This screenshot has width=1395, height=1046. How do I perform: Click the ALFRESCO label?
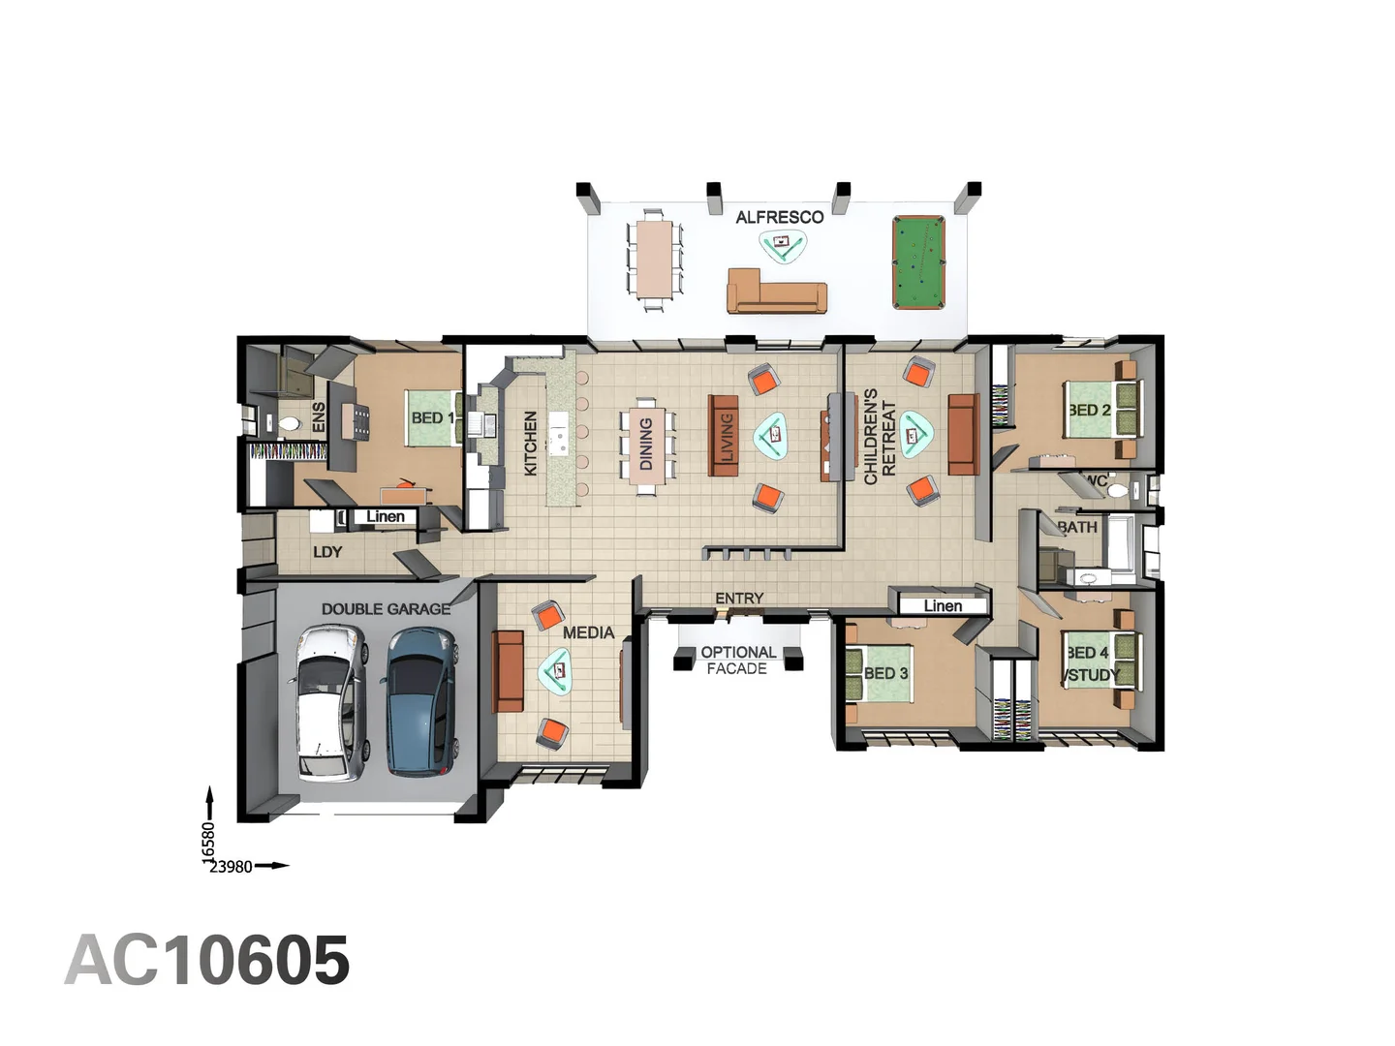(x=779, y=217)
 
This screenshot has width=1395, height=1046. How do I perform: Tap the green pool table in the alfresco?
(x=917, y=262)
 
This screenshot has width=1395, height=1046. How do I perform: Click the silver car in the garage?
(x=331, y=701)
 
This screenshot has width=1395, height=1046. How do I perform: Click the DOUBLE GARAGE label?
(x=386, y=609)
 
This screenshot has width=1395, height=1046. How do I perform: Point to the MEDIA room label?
(x=588, y=632)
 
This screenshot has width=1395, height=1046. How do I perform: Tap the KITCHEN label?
(x=531, y=443)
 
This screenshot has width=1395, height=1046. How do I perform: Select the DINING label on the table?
(x=646, y=444)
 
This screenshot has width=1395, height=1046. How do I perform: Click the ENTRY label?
(x=739, y=599)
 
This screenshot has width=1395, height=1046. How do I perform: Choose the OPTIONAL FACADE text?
(x=737, y=661)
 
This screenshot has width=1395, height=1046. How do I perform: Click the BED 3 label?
(x=885, y=673)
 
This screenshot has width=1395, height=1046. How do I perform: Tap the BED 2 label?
(x=1090, y=410)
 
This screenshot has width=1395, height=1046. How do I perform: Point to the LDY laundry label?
(x=327, y=552)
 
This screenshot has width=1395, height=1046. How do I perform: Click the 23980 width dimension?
(x=232, y=867)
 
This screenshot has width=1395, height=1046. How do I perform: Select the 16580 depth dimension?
(x=208, y=841)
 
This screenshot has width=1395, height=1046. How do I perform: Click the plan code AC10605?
(x=207, y=961)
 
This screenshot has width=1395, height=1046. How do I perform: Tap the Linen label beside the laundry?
(x=386, y=517)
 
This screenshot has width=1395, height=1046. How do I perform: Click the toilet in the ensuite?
(x=289, y=424)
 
